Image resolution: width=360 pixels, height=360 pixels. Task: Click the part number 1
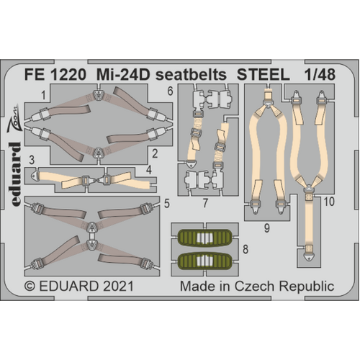(43, 95)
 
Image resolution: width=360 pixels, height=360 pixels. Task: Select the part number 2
(156, 153)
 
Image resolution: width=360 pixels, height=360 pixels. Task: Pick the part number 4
(167, 171)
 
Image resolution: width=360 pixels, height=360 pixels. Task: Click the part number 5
(166, 204)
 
